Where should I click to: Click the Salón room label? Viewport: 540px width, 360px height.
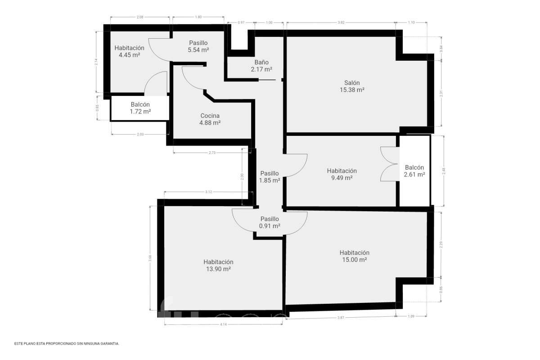pyautogui.click(x=352, y=83)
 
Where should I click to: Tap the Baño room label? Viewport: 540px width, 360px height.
pyautogui.click(x=261, y=63)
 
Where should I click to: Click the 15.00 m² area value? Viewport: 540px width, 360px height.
pyautogui.click(x=354, y=260)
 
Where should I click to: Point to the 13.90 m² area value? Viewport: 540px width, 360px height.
pyautogui.click(x=218, y=269)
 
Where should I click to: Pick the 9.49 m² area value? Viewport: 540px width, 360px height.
pyautogui.click(x=342, y=178)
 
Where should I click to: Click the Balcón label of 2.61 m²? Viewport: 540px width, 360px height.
pyautogui.click(x=414, y=167)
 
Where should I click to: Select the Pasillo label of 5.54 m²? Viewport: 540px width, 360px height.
pyautogui.click(x=198, y=43)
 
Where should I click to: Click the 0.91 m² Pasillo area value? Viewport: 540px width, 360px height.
pyautogui.click(x=270, y=226)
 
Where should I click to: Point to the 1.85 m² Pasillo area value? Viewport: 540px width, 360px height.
pyautogui.click(x=270, y=180)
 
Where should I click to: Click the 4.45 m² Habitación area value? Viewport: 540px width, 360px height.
pyautogui.click(x=129, y=55)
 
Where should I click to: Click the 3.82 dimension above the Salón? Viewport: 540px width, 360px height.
pyautogui.click(x=341, y=22)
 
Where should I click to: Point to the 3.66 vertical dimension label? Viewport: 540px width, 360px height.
pyautogui.click(x=150, y=258)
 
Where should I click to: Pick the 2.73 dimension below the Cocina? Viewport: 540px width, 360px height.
pyautogui.click(x=212, y=153)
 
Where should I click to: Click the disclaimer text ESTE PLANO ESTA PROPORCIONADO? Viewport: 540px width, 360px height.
pyautogui.click(x=67, y=344)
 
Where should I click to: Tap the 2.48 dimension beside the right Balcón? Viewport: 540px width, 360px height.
pyautogui.click(x=444, y=171)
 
